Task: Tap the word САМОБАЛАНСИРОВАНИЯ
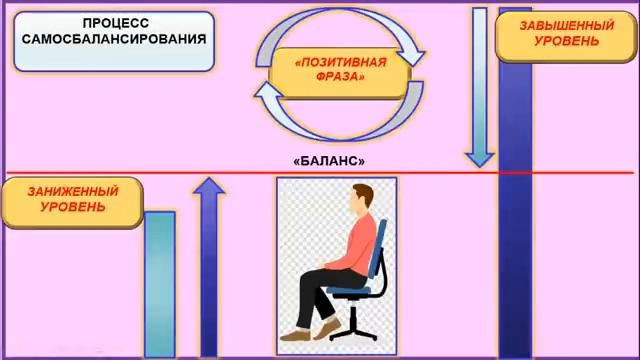tap(112, 40)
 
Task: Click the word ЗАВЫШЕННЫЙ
tap(566, 24)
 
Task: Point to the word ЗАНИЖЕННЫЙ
tap(73, 191)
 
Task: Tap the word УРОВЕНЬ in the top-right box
tap(566, 41)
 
